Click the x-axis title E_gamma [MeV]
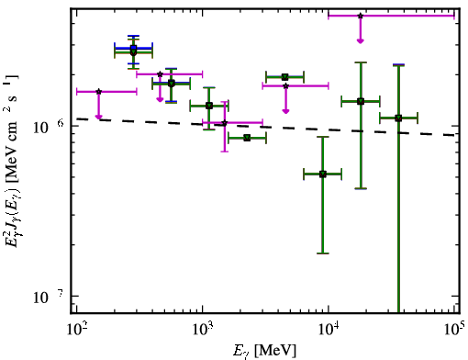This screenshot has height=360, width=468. point(264,351)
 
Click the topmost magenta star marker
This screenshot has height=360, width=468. point(361,16)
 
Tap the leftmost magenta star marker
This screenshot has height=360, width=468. point(98,92)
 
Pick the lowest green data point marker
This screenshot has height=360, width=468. point(323,174)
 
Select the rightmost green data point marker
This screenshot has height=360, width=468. point(398,118)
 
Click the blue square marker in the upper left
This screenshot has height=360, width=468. point(133,48)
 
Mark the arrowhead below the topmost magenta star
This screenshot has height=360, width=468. point(361,41)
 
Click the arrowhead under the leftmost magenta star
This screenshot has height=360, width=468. point(98,117)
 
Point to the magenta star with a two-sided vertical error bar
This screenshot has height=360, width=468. point(225,123)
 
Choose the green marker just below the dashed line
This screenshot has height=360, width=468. point(247,138)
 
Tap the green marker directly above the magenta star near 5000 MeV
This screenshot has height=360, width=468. point(285,77)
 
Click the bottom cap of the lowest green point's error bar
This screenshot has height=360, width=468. point(323,253)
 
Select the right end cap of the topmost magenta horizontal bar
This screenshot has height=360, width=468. point(454,16)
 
